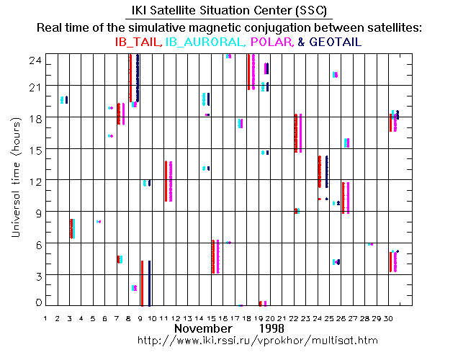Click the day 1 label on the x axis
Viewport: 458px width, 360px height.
coord(46,318)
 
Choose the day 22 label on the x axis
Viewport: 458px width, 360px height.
coord(296,318)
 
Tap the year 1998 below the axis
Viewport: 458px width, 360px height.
coord(273,328)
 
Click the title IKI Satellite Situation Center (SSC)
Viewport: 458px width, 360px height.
coord(229,12)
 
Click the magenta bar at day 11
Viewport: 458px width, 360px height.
coord(171,181)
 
